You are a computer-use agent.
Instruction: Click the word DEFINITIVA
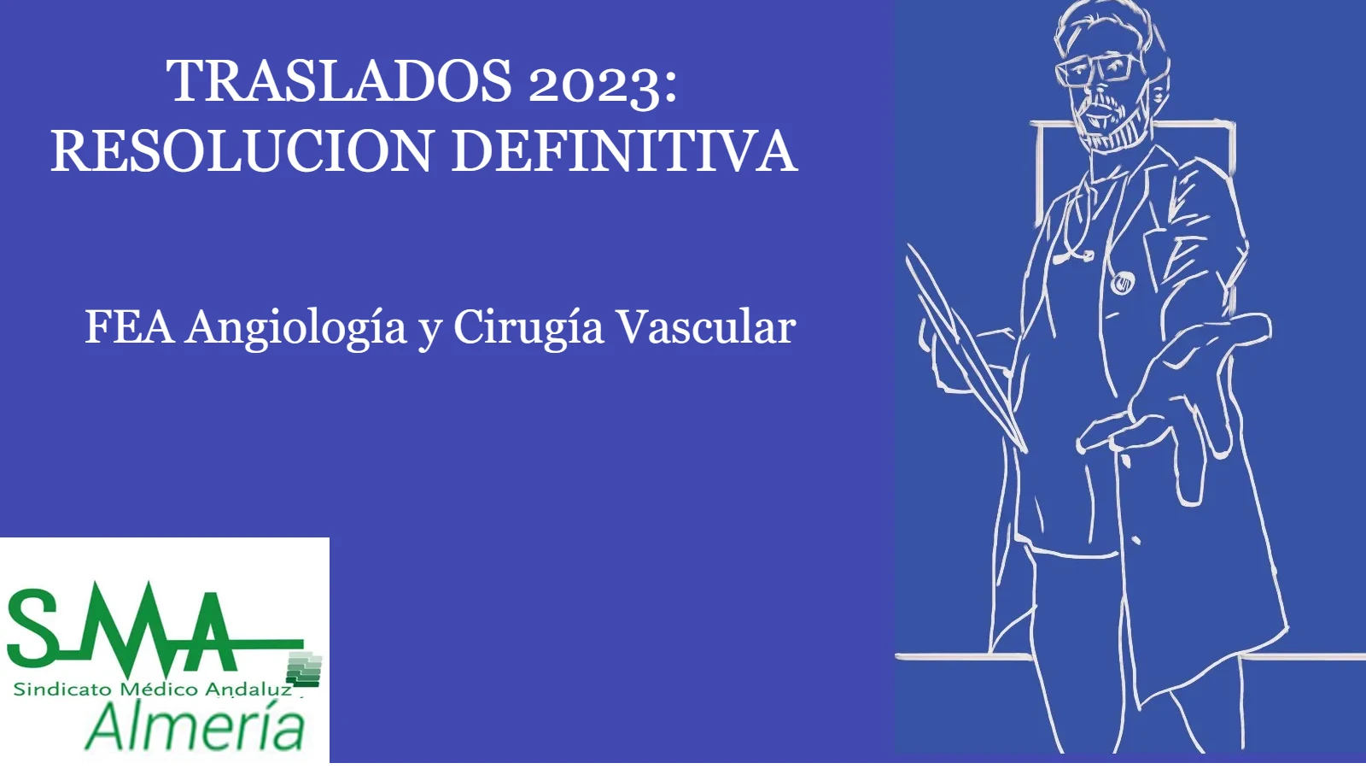click(x=624, y=150)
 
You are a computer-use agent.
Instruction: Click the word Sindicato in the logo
click(x=61, y=690)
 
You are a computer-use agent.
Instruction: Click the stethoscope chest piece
click(x=1122, y=282)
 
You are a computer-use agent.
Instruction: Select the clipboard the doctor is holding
click(x=964, y=348)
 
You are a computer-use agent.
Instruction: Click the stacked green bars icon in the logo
click(x=304, y=669)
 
